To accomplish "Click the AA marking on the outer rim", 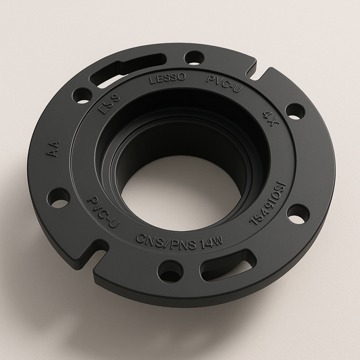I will point(53,149).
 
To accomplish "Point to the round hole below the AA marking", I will point(59,201).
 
